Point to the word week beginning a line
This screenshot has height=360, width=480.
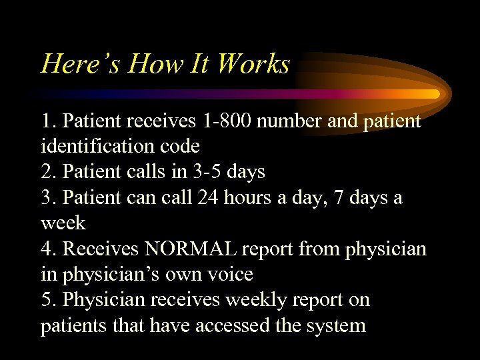(63, 223)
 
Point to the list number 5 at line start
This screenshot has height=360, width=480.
(47, 299)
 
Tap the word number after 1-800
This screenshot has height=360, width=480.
(303, 121)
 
